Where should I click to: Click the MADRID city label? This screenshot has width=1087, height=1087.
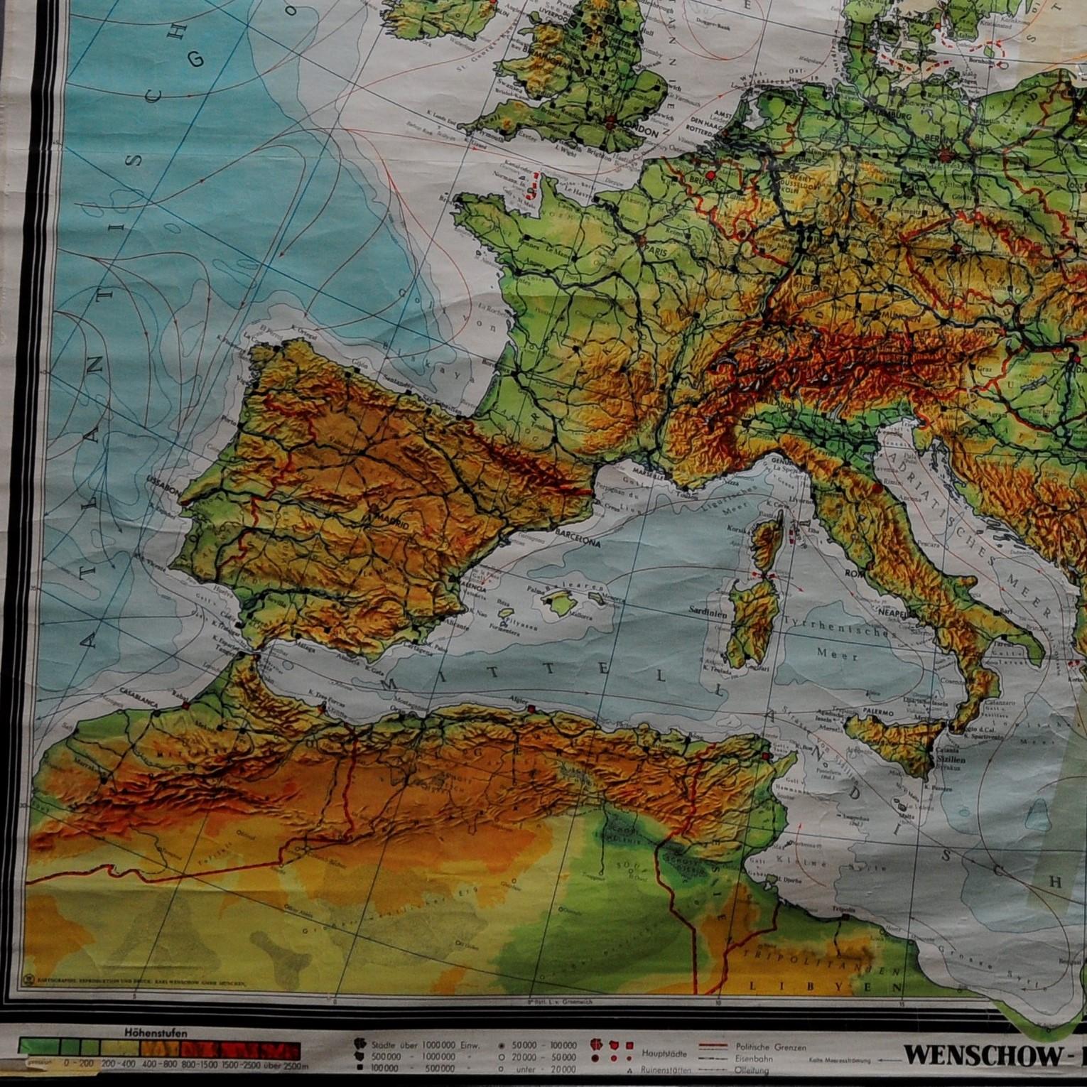386,517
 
